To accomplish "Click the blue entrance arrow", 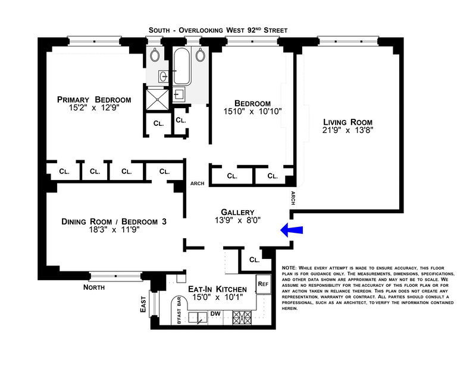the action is (292, 230).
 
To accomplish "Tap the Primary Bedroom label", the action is (94, 100).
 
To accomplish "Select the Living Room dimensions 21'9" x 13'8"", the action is (347, 130).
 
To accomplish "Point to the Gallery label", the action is (237, 212).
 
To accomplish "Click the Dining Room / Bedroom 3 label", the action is (114, 222).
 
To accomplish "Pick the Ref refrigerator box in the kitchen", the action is (263, 284).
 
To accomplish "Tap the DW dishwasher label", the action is (215, 314).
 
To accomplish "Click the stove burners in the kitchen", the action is (242, 318).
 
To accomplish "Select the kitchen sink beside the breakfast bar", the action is (198, 318).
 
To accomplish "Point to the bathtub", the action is (182, 66).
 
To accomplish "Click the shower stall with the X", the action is (157, 99).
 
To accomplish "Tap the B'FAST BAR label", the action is (179, 311).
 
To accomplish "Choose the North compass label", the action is (94, 287).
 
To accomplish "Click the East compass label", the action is (143, 304).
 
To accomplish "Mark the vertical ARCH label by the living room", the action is (293, 198).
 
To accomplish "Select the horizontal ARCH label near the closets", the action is (198, 183).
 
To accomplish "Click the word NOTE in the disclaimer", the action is (289, 268).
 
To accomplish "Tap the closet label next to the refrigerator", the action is (255, 260).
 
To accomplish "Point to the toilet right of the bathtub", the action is (200, 55).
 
